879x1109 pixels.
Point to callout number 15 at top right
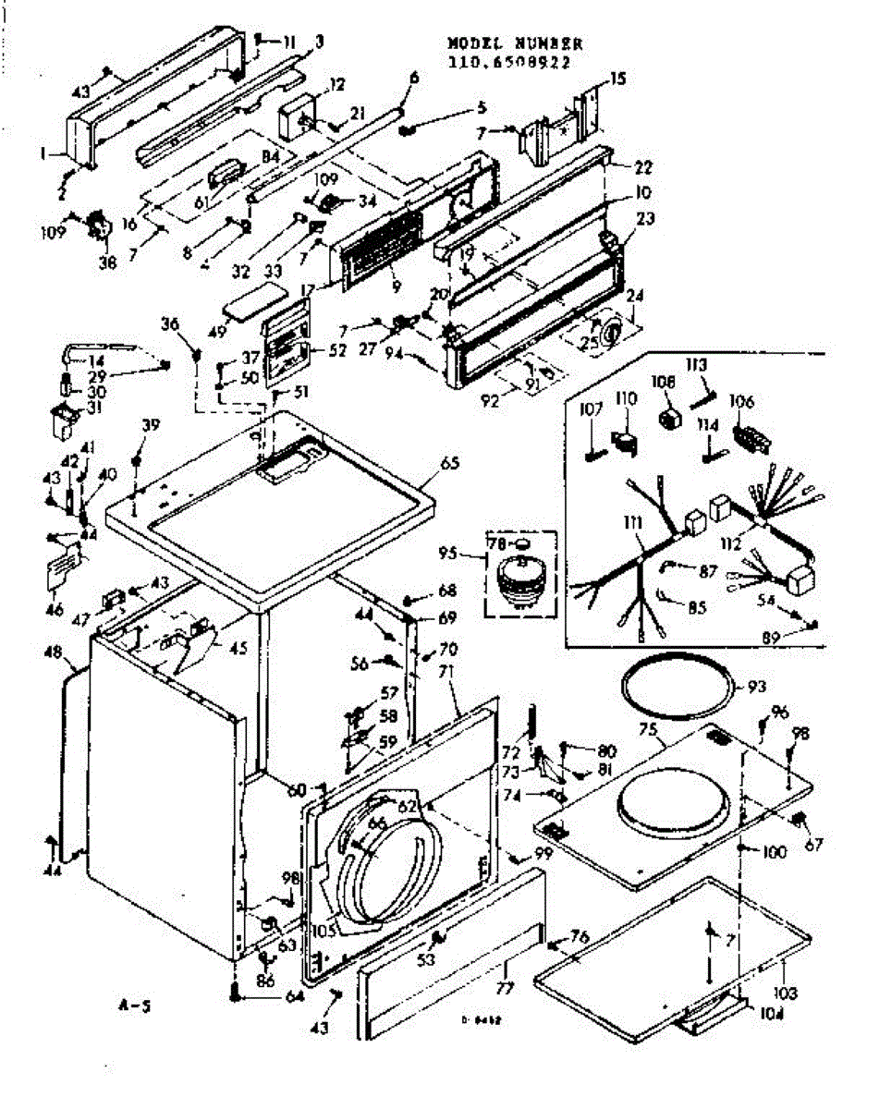click(617, 79)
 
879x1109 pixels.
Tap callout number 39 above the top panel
click(149, 424)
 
